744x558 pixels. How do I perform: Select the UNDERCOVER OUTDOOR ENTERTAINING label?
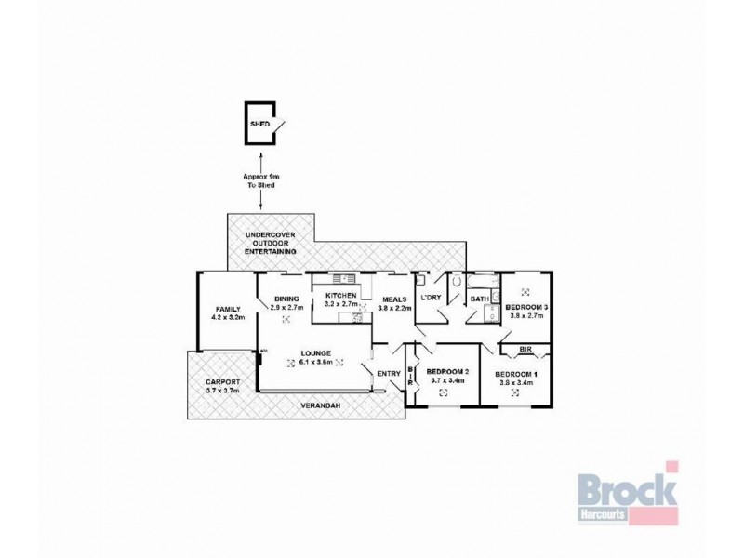[265, 244]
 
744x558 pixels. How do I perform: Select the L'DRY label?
[431, 298]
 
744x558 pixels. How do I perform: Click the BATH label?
[480, 299]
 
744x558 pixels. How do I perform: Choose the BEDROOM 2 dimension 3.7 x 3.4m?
[447, 380]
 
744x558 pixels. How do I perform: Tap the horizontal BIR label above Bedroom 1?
[525, 351]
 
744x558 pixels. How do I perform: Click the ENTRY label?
[389, 374]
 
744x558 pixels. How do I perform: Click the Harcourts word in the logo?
[604, 513]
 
